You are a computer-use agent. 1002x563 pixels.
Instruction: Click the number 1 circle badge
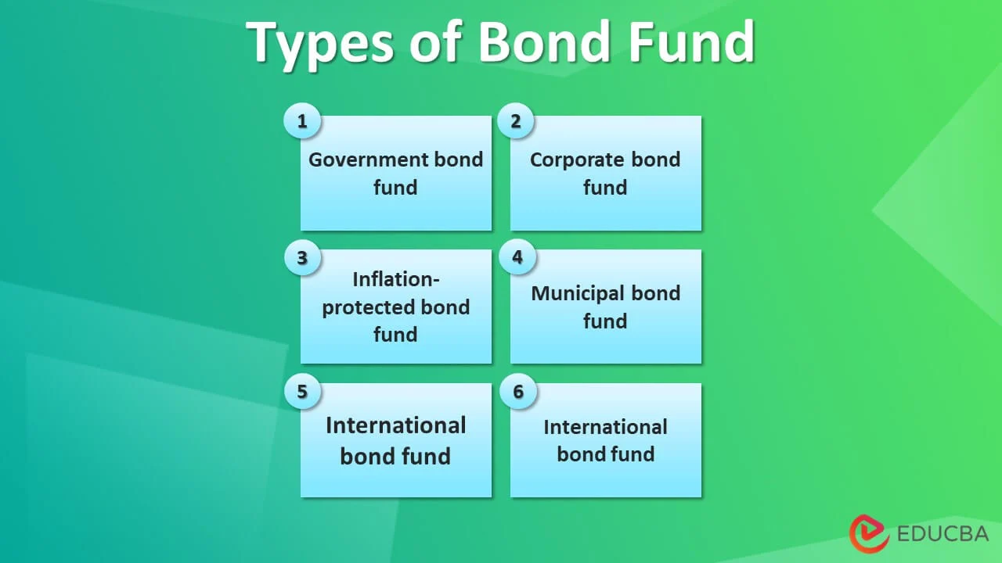302,120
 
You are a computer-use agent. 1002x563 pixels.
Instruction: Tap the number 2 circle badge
516,120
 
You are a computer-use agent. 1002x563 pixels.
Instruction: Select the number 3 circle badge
302,257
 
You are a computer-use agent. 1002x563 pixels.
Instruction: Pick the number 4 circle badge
517,257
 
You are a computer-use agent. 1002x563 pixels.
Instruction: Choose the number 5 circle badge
302,392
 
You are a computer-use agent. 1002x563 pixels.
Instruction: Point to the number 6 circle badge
518,392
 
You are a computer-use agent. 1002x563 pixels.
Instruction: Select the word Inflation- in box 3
396,279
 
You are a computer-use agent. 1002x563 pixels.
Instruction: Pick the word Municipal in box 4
578,294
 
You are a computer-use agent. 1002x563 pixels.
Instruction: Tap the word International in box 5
396,425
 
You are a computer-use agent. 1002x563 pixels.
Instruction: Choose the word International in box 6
605,427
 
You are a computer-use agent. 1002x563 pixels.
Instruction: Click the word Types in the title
320,43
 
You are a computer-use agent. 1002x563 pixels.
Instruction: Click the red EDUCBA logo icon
869,533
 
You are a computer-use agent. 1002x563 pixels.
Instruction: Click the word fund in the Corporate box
605,187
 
